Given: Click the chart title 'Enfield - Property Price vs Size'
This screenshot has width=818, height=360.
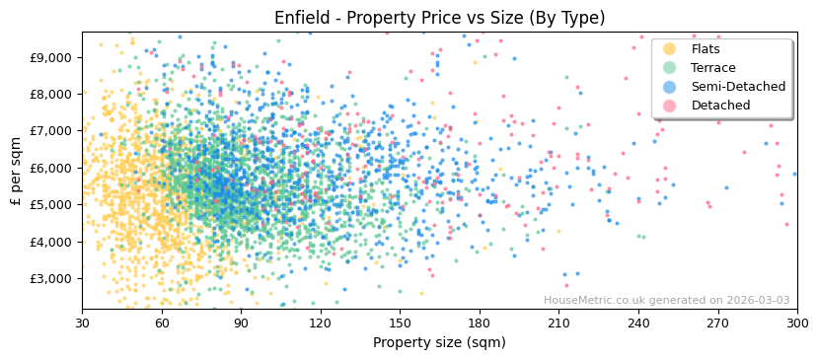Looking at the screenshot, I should (x=439, y=18).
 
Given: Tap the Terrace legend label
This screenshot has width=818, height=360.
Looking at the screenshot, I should (x=713, y=68).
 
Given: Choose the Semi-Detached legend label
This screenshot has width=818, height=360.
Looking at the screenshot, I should (x=738, y=87).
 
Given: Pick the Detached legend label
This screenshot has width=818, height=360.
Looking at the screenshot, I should (x=720, y=106).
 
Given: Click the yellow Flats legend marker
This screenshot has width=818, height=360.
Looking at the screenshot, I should (x=670, y=49).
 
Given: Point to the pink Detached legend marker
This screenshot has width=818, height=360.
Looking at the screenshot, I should (x=670, y=106).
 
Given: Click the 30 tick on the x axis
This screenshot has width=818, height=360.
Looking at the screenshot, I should (x=82, y=324).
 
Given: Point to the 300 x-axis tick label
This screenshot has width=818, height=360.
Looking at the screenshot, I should (x=797, y=324).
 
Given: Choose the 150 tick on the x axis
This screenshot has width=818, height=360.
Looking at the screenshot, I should (x=400, y=324).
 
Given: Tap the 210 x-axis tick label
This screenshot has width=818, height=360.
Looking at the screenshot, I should (x=558, y=324).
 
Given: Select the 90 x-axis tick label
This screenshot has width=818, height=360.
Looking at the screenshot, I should (x=241, y=324).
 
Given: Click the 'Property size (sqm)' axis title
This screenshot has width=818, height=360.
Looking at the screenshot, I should (x=439, y=343).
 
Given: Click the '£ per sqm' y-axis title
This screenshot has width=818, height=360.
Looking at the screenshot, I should (x=16, y=172).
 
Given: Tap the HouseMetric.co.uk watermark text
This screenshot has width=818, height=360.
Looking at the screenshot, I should (x=666, y=301).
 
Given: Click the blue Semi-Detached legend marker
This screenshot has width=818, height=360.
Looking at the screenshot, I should (x=670, y=87).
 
